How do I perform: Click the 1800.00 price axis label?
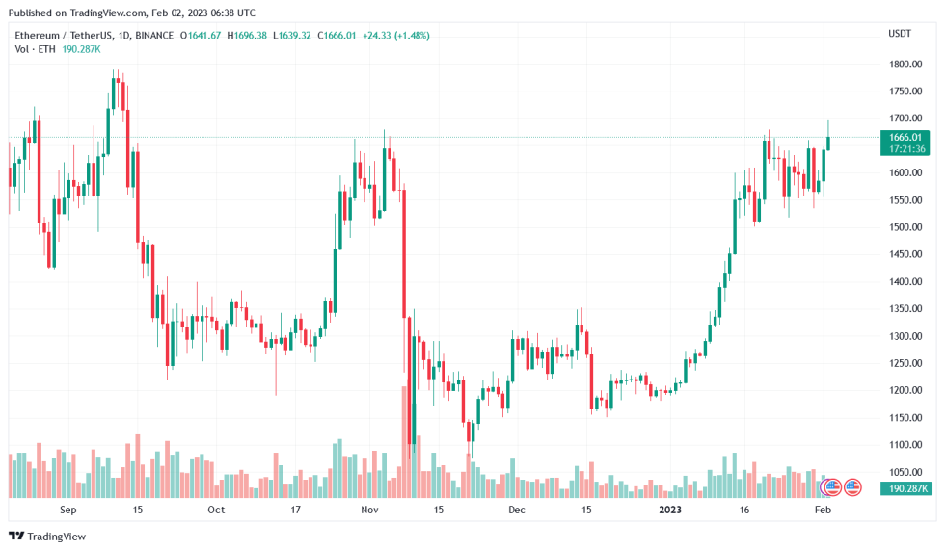click(x=905, y=65)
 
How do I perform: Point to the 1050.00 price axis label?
click(x=905, y=472)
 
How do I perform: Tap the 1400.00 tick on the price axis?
click(x=905, y=282)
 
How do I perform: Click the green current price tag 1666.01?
click(x=906, y=138)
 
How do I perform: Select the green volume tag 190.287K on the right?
click(x=906, y=489)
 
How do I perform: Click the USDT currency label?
click(x=899, y=34)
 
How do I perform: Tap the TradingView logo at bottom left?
click(x=47, y=536)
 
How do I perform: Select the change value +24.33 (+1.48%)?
click(x=395, y=36)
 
